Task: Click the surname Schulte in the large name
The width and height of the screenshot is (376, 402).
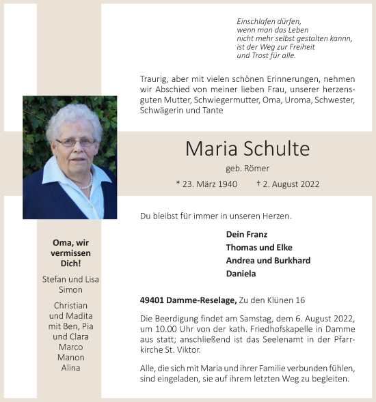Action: (x=276, y=149)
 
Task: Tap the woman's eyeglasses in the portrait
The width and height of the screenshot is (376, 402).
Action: (x=75, y=142)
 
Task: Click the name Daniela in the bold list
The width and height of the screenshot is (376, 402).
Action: (x=241, y=273)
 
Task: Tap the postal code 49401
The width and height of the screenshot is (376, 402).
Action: (x=152, y=300)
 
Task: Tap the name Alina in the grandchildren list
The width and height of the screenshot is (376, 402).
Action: (x=70, y=367)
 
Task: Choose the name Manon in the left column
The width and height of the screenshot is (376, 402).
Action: (x=70, y=357)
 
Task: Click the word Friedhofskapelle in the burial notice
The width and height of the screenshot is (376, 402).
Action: (x=298, y=329)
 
